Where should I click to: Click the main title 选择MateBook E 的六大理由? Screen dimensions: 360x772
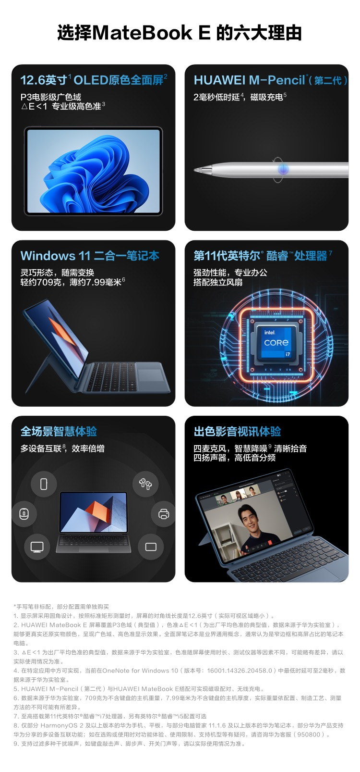[x=180, y=33]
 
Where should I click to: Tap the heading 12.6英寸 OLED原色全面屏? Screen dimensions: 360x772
[x=94, y=80]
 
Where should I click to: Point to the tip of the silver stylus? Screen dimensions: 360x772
[x=195, y=170]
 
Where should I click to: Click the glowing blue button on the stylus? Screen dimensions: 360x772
[x=283, y=169]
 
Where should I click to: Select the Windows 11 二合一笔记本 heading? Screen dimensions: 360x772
[x=90, y=256]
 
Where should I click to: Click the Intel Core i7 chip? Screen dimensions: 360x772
[x=276, y=343]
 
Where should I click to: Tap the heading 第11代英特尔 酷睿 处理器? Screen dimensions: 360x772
[x=263, y=256]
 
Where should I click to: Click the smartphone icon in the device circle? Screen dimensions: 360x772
[x=44, y=484]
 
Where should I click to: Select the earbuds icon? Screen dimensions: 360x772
[x=145, y=484]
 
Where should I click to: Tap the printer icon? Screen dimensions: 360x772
[x=164, y=514]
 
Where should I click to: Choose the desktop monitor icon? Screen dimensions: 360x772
[x=37, y=547]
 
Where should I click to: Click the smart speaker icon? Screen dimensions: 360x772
[x=24, y=514]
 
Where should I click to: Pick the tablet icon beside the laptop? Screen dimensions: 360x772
[x=151, y=547]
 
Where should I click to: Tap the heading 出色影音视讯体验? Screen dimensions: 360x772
[x=237, y=432]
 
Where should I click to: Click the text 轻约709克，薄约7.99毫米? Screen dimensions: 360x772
[x=71, y=282]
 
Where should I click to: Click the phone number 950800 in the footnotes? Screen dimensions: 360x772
[x=309, y=735]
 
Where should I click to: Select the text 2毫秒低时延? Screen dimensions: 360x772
[x=216, y=97]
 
